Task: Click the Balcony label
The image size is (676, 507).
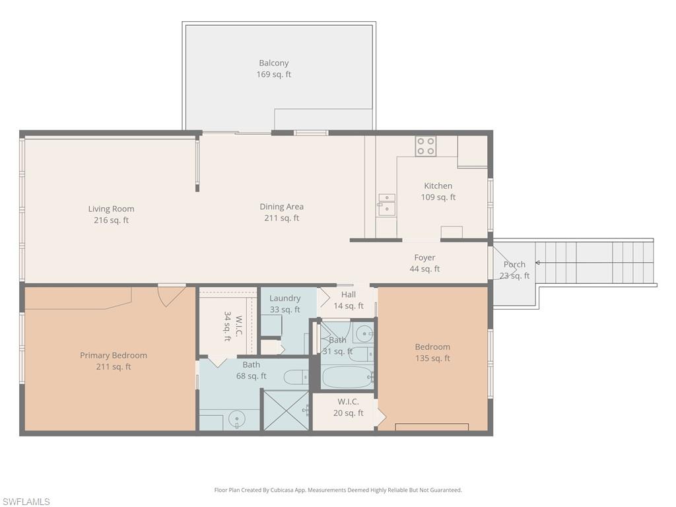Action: tap(274, 69)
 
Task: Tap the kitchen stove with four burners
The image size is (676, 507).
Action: tap(425, 146)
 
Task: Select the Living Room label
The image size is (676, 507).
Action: tap(111, 215)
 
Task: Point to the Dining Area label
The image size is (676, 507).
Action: tap(282, 212)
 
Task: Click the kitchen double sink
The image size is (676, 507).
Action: tap(387, 205)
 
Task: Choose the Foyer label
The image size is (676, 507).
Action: tap(424, 263)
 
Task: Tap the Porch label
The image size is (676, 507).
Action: tap(514, 269)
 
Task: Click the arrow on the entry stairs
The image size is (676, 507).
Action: tap(538, 263)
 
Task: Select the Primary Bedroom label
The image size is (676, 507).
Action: tap(114, 360)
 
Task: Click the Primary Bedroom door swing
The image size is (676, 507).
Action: tap(170, 295)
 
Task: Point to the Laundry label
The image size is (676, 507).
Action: tap(285, 304)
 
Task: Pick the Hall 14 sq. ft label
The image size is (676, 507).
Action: tap(348, 300)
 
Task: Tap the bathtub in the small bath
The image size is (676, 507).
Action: tap(347, 377)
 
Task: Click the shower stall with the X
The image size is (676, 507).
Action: tap(287, 411)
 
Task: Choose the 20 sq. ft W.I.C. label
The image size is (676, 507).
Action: tap(348, 407)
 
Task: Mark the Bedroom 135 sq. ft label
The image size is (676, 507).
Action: tap(432, 353)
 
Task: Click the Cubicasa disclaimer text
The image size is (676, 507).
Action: tap(338, 490)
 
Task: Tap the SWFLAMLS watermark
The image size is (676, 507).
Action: tap(26, 502)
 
